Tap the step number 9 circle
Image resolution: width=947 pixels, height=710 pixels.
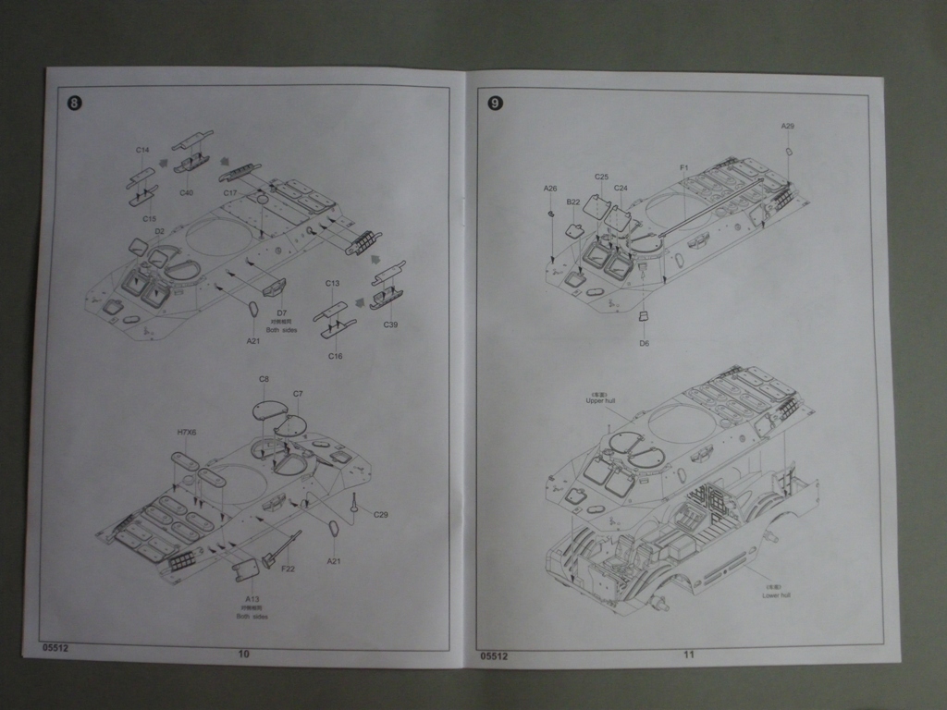495,103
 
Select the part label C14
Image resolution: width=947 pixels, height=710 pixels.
142,150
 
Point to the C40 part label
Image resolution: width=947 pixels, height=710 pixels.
186,192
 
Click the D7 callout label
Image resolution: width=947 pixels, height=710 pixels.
282,312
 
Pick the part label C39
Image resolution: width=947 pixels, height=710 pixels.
390,324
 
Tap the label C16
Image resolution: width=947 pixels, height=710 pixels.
335,355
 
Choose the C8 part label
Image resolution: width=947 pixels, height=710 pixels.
264,379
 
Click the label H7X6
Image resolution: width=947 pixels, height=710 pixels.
187,432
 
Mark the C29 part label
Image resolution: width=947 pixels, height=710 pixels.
381,514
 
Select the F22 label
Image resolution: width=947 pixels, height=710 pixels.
288,569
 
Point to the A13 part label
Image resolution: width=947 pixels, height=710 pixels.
252,599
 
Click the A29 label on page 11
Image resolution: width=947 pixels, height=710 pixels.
787,126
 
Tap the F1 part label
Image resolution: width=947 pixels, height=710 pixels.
684,167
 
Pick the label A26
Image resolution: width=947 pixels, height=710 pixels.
550,189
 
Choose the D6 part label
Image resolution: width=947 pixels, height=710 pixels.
644,343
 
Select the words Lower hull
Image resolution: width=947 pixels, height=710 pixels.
775,595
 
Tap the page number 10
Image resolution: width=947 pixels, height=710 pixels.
244,654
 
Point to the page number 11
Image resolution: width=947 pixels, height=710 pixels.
689,655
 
